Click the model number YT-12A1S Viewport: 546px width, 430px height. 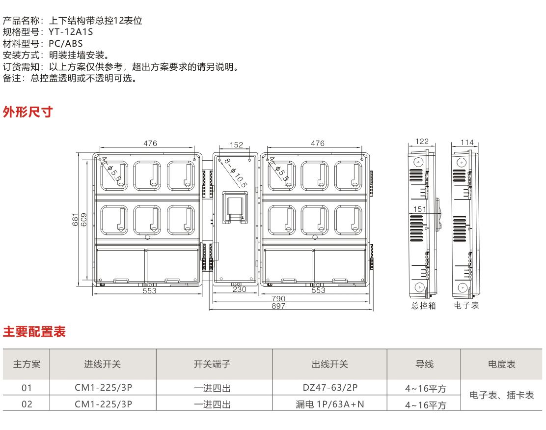click(x=71, y=32)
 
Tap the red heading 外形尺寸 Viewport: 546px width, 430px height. click(x=27, y=112)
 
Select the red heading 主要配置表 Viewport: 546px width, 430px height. click(x=34, y=332)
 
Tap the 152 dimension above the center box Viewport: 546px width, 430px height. click(x=236, y=144)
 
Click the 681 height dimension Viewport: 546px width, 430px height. click(x=75, y=219)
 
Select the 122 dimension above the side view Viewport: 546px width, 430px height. click(x=422, y=142)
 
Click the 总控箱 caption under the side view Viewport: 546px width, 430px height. click(x=423, y=306)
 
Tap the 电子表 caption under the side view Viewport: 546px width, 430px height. click(x=466, y=306)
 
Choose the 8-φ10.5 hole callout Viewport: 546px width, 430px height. click(x=235, y=172)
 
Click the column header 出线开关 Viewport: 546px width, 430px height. click(x=329, y=365)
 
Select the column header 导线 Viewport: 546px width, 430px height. click(x=424, y=365)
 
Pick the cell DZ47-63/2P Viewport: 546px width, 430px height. click(x=330, y=388)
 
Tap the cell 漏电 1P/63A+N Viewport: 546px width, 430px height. click(x=330, y=404)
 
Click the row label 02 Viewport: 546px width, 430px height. click(x=27, y=404)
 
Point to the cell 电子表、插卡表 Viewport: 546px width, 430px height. click(x=501, y=395)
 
